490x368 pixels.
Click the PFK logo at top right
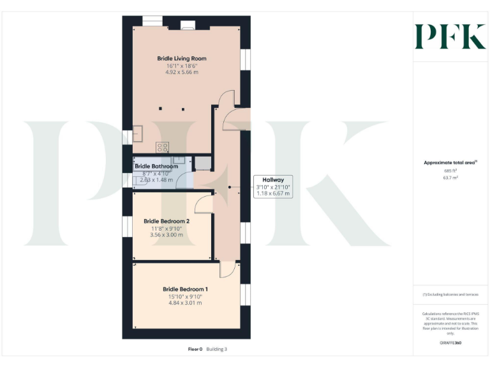[450, 36]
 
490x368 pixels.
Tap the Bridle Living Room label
[182, 59]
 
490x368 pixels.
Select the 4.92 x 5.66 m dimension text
[182, 73]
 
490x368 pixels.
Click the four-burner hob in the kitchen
[163, 146]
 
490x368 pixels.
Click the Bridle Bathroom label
[161, 166]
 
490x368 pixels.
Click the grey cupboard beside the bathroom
[202, 162]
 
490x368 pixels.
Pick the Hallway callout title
[272, 180]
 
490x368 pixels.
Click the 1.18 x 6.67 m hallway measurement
[272, 193]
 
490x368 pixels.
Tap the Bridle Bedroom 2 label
[167, 221]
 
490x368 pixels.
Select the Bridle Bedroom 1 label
[185, 289]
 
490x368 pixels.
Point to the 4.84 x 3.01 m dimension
[185, 303]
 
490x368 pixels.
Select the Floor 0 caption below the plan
[195, 349]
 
